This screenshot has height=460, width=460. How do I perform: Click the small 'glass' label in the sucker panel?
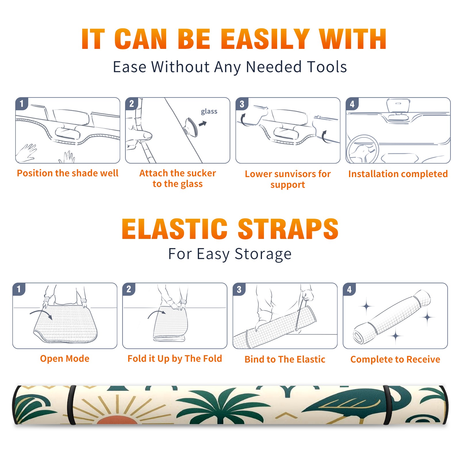[209, 111]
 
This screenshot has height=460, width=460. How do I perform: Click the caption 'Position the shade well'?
[68, 173]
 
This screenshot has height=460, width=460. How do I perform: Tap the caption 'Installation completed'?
[398, 174]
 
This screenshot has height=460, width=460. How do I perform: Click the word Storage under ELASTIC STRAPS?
[263, 254]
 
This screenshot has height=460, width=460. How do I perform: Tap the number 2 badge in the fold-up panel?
[129, 289]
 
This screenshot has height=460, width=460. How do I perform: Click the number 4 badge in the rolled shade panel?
[349, 289]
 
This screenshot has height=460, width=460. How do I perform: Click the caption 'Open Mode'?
[65, 359]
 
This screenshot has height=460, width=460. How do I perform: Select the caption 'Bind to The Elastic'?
[285, 359]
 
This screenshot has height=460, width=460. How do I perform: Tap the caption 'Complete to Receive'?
[395, 359]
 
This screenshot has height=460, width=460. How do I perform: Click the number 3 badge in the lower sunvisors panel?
[242, 104]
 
